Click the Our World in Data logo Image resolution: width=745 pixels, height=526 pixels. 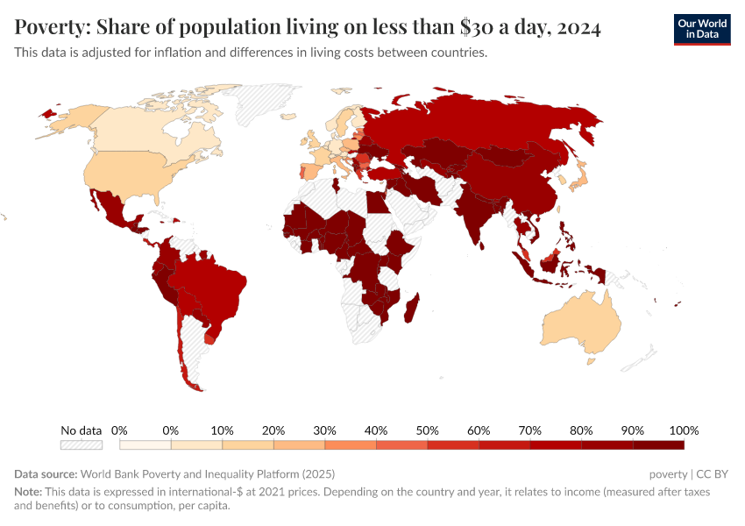[701, 30]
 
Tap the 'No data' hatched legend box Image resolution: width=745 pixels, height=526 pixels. [82, 445]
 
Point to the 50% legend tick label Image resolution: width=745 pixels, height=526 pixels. [427, 430]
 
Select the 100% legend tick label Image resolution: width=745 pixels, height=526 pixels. [683, 430]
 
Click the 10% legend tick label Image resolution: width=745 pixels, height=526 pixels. [222, 430]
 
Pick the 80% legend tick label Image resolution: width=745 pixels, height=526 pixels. [581, 430]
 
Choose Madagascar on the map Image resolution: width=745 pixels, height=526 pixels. [414, 309]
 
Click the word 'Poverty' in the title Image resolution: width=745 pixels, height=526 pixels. [48, 28]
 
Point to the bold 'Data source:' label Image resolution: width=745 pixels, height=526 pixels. [46, 474]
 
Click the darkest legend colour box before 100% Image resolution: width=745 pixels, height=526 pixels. [657, 445]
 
